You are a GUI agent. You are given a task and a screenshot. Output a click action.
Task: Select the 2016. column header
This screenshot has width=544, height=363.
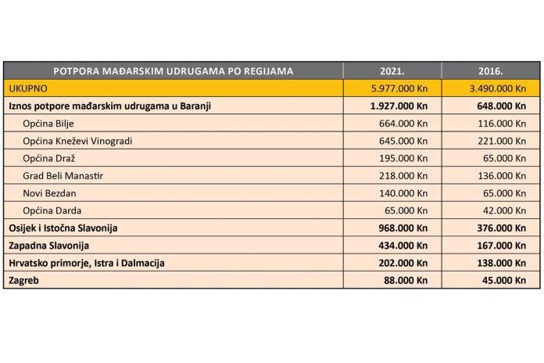pyautogui.click(x=491, y=70)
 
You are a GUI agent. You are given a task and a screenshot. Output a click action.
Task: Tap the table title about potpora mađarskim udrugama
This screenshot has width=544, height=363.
pyautogui.click(x=174, y=70)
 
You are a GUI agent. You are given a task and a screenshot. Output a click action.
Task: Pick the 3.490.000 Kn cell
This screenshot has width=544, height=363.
pyautogui.click(x=491, y=88)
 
